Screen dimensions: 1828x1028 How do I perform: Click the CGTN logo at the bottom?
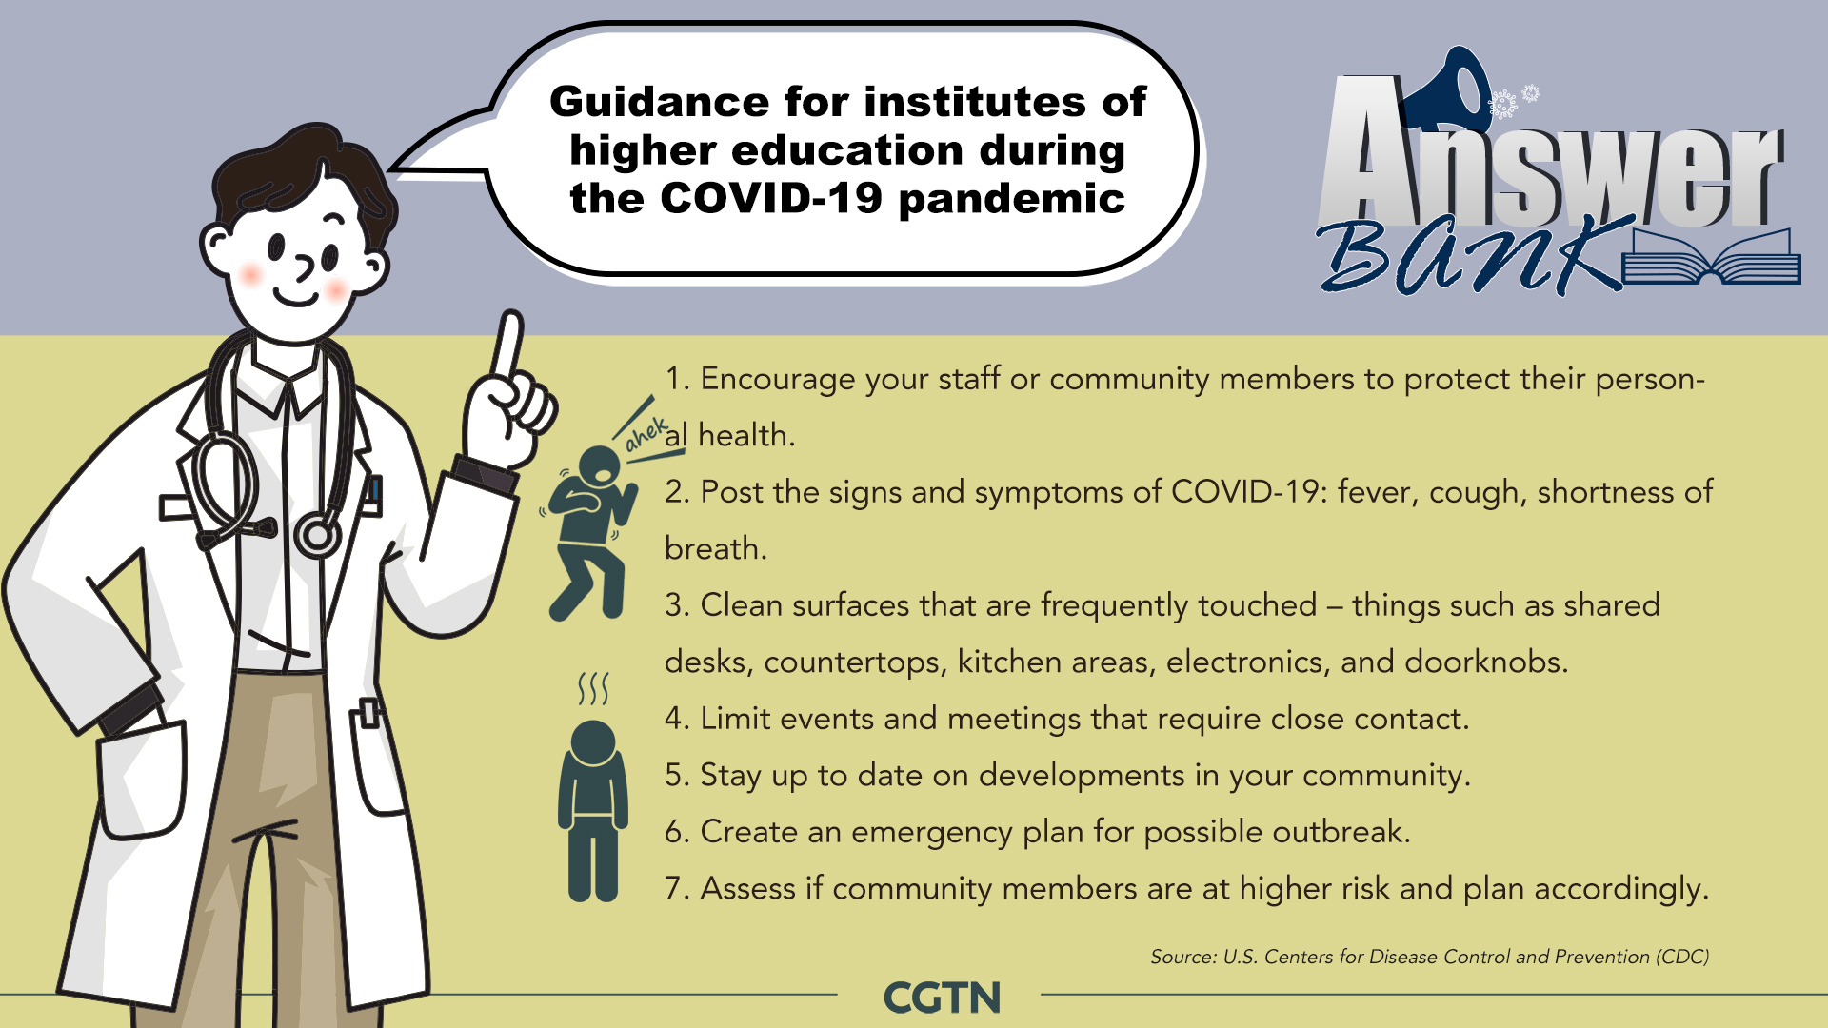pyautogui.click(x=942, y=998)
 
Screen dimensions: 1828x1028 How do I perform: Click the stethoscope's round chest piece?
pyautogui.click(x=317, y=535)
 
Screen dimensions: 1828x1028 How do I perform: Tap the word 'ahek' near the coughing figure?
pyautogui.click(x=646, y=434)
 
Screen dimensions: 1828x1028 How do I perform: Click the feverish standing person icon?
pyautogui.click(x=593, y=810)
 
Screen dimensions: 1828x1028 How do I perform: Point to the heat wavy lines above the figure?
pyautogui.click(x=593, y=688)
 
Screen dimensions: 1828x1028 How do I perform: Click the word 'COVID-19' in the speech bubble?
pyautogui.click(x=771, y=198)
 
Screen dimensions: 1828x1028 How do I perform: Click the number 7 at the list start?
pyautogui.click(x=675, y=888)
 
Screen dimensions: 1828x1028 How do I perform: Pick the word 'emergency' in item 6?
pyautogui.click(x=932, y=833)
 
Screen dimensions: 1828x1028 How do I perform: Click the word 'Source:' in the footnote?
pyautogui.click(x=1182, y=957)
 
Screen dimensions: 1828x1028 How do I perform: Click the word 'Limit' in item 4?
pyautogui.click(x=734, y=718)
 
